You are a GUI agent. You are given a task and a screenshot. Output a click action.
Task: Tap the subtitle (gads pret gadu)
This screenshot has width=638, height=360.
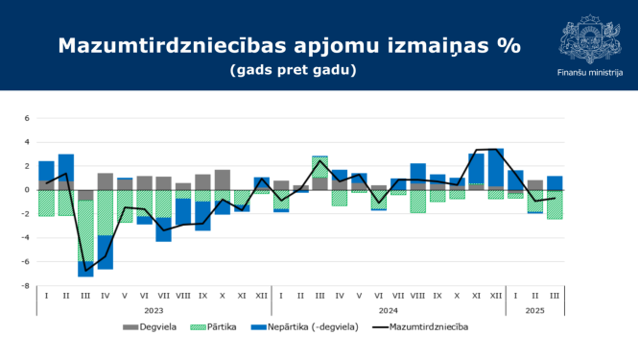[x=293, y=71]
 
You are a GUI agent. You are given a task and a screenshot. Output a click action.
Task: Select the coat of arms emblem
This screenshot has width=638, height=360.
[x=588, y=40]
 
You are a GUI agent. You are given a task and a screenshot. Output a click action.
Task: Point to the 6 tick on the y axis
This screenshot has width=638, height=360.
[x=27, y=119]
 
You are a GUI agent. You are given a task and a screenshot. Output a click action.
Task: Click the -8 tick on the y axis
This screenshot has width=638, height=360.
[x=26, y=285]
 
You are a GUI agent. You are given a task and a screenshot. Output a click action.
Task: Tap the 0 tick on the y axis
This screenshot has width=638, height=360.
[x=27, y=190]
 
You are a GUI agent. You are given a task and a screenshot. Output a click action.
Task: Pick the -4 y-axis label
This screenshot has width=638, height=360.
[x=26, y=237]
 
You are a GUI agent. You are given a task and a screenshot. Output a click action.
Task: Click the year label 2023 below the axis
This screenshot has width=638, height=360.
[x=154, y=311]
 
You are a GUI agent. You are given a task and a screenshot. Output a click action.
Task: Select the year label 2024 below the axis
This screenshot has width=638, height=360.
[x=389, y=311]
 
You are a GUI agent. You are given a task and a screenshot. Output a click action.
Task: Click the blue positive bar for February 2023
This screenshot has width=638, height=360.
[x=66, y=167]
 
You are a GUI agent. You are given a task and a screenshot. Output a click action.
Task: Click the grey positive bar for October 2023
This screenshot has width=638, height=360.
[x=223, y=180]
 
